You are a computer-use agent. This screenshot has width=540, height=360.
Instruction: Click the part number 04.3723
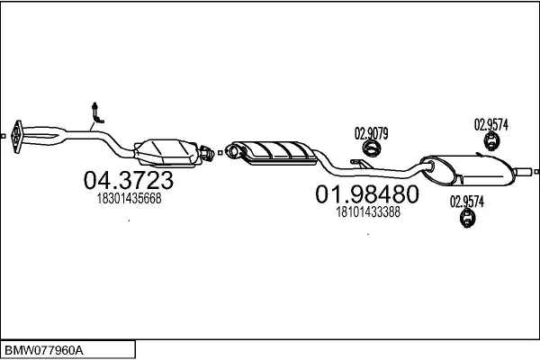[128, 180]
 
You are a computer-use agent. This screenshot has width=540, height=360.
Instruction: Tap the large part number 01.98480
[366, 193]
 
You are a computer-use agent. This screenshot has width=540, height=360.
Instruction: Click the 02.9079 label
[371, 134]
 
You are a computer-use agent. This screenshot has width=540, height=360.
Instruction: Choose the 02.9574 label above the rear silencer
[491, 125]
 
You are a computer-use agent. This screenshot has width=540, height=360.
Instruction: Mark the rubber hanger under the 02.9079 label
[370, 149]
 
